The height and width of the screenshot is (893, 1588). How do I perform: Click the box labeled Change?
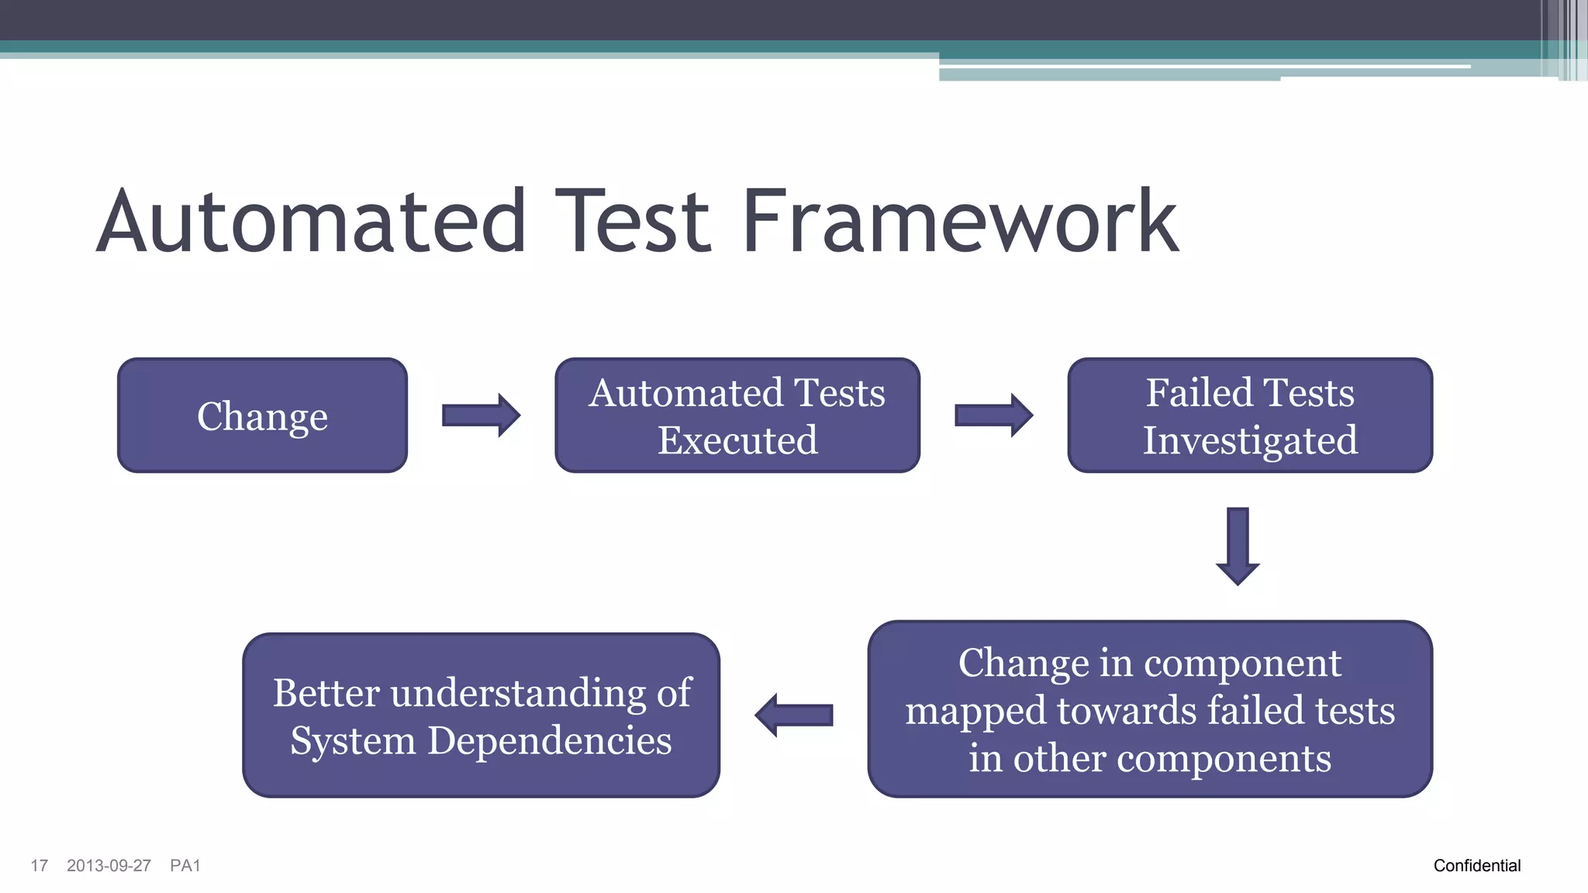pyautogui.click(x=262, y=415)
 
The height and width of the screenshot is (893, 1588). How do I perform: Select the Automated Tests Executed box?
pyautogui.click(x=737, y=415)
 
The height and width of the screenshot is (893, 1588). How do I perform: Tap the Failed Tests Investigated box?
pyautogui.click(x=1250, y=415)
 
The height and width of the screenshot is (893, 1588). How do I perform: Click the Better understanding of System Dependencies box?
pyautogui.click(x=481, y=715)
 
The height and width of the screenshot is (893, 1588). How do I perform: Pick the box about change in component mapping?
pyautogui.click(x=1150, y=709)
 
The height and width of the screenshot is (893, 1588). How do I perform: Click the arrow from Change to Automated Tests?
pyautogui.click(x=481, y=415)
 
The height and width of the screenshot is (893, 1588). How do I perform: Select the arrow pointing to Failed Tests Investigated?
pyautogui.click(x=993, y=415)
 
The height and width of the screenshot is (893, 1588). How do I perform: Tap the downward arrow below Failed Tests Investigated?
pyautogui.click(x=1238, y=546)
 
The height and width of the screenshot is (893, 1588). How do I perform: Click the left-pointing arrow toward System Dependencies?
pyautogui.click(x=794, y=715)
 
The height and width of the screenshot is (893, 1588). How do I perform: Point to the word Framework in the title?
pyautogui.click(x=960, y=222)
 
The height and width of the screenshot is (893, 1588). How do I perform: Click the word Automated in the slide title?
pyautogui.click(x=312, y=222)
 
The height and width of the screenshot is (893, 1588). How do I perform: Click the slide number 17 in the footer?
pyautogui.click(x=39, y=866)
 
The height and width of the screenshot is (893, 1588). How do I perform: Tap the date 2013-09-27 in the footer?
pyautogui.click(x=109, y=866)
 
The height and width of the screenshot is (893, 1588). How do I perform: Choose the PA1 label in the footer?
pyautogui.click(x=185, y=866)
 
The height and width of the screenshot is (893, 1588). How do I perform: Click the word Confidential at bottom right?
pyautogui.click(x=1476, y=866)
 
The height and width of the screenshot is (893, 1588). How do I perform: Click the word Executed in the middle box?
pyautogui.click(x=737, y=440)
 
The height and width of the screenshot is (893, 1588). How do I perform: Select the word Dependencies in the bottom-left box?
pyautogui.click(x=549, y=740)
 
